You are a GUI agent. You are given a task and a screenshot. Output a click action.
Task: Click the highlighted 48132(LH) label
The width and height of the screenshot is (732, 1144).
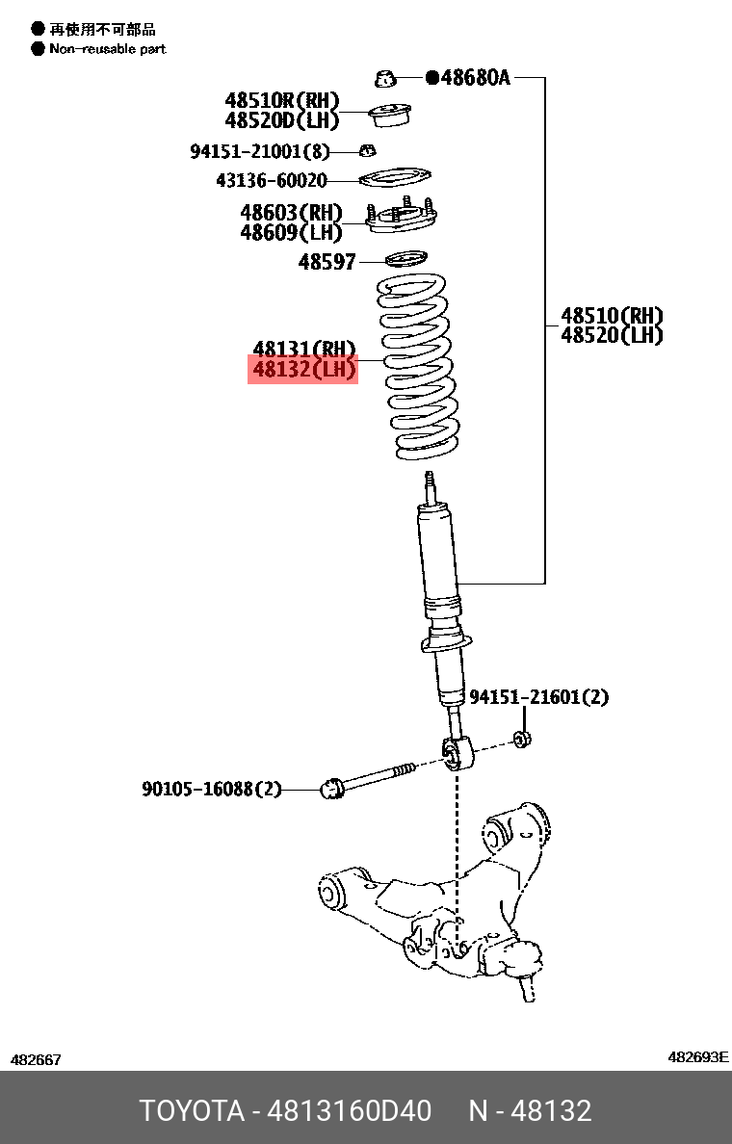click(x=303, y=369)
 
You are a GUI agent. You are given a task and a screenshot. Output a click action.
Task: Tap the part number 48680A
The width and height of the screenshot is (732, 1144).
click(x=475, y=78)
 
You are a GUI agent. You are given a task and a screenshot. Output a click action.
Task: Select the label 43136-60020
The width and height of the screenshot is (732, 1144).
click(x=272, y=180)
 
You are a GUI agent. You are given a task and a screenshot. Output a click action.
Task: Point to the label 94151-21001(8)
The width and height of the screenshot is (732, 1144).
click(x=259, y=151)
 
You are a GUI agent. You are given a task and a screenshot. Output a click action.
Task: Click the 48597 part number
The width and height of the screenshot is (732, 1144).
click(x=327, y=261)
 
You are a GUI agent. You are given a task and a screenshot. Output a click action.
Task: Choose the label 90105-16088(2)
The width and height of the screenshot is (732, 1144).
click(x=212, y=789)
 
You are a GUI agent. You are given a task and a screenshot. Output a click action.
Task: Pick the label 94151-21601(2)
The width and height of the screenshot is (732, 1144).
click(x=538, y=696)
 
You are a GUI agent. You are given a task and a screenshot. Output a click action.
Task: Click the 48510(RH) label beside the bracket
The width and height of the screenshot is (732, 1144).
click(x=612, y=316)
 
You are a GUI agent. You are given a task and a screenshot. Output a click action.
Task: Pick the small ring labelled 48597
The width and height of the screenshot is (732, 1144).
click(x=405, y=258)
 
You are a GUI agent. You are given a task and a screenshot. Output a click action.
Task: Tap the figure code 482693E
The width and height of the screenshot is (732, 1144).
click(x=698, y=1057)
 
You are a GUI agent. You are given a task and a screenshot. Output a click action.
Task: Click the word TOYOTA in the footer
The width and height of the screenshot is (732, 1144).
click(x=192, y=1110)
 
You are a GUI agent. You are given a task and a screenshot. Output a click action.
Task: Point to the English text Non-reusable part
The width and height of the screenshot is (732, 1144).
click(x=108, y=49)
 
